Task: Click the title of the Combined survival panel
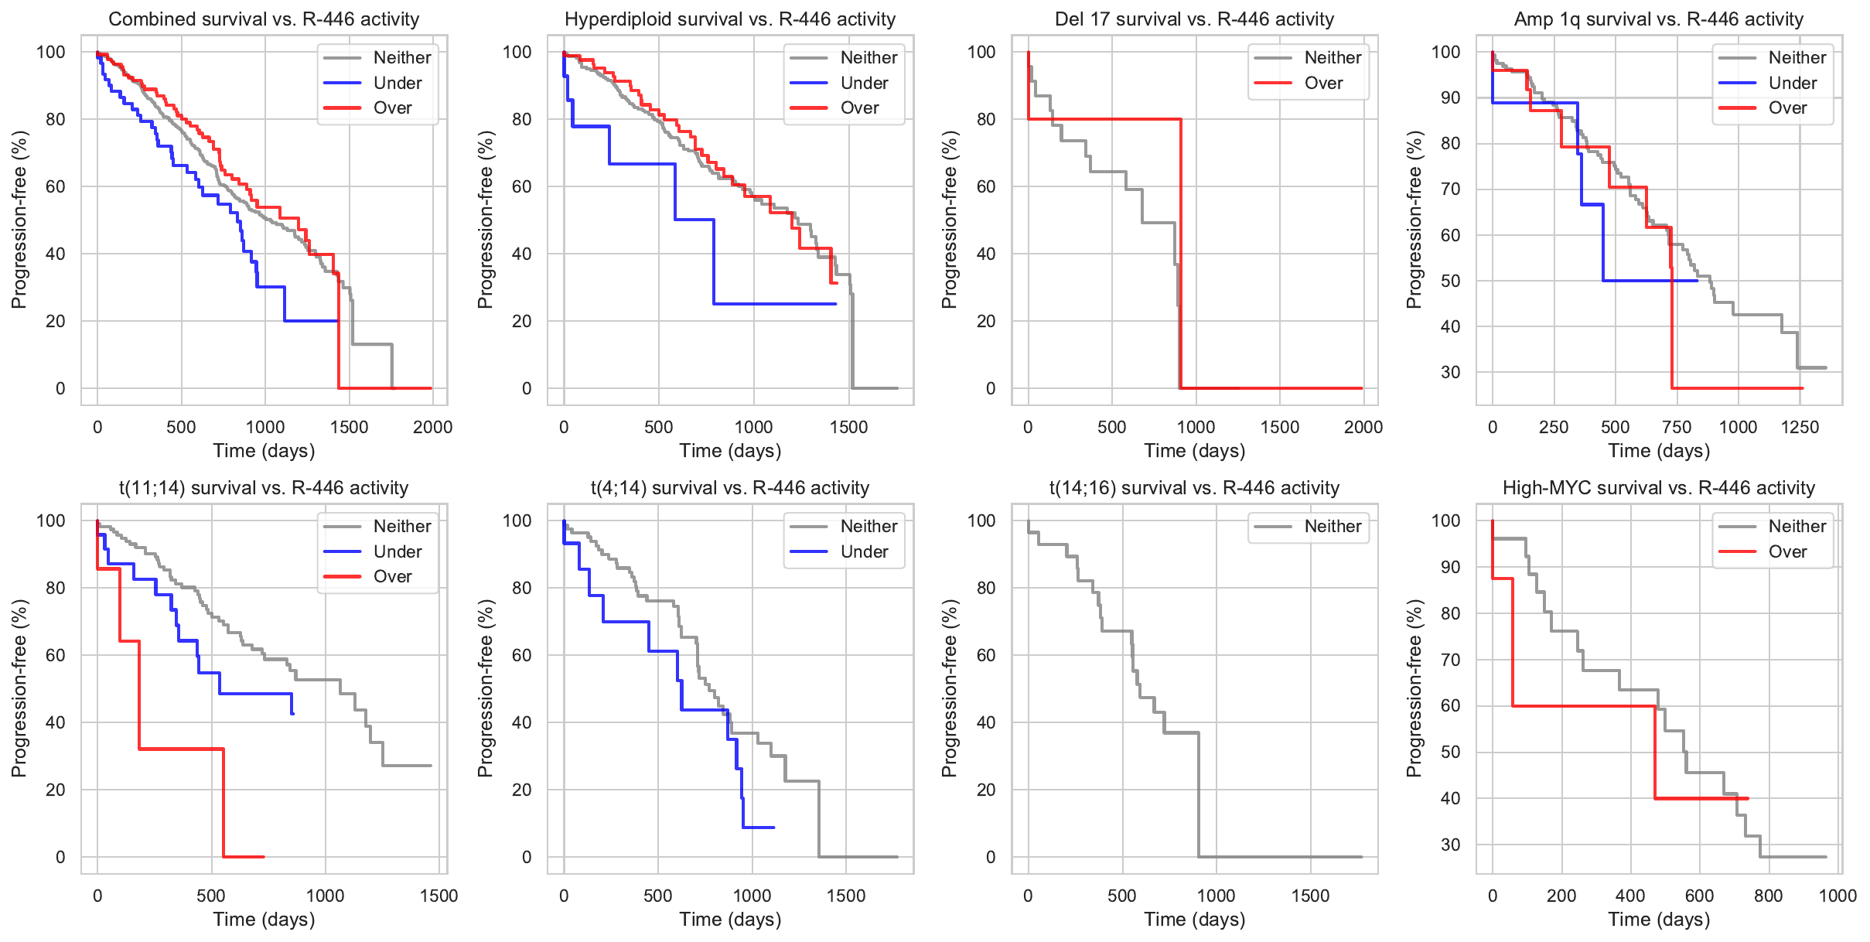(x=264, y=19)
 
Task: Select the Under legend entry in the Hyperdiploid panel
(x=863, y=83)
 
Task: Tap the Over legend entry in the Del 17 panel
(x=1323, y=83)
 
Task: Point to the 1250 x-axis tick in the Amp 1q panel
(x=1800, y=427)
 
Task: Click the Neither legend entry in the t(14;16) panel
(x=1332, y=527)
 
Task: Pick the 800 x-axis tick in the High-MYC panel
(x=1768, y=896)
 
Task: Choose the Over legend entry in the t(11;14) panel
(x=392, y=577)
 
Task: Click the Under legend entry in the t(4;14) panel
(x=863, y=552)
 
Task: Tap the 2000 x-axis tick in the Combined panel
(x=432, y=427)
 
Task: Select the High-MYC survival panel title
(x=1658, y=488)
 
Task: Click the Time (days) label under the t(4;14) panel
(x=730, y=920)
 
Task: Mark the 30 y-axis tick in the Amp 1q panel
(x=1450, y=372)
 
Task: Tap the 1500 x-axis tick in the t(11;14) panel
(x=438, y=896)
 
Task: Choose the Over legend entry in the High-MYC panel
(x=1787, y=552)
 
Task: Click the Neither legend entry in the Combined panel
(x=401, y=58)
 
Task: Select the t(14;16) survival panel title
(x=1194, y=488)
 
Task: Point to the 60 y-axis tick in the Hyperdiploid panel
(x=522, y=186)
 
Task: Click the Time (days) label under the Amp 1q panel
(x=1658, y=451)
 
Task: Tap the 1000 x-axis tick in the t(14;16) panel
(x=1216, y=896)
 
